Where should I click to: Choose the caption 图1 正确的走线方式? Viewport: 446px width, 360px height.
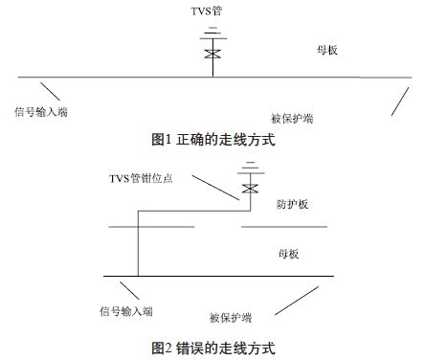(213, 141)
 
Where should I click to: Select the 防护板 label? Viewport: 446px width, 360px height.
(291, 205)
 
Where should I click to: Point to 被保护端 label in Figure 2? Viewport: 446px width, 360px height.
(231, 318)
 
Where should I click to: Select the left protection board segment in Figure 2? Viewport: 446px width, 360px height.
(150, 227)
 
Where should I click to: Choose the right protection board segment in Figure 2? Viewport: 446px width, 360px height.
(284, 227)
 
